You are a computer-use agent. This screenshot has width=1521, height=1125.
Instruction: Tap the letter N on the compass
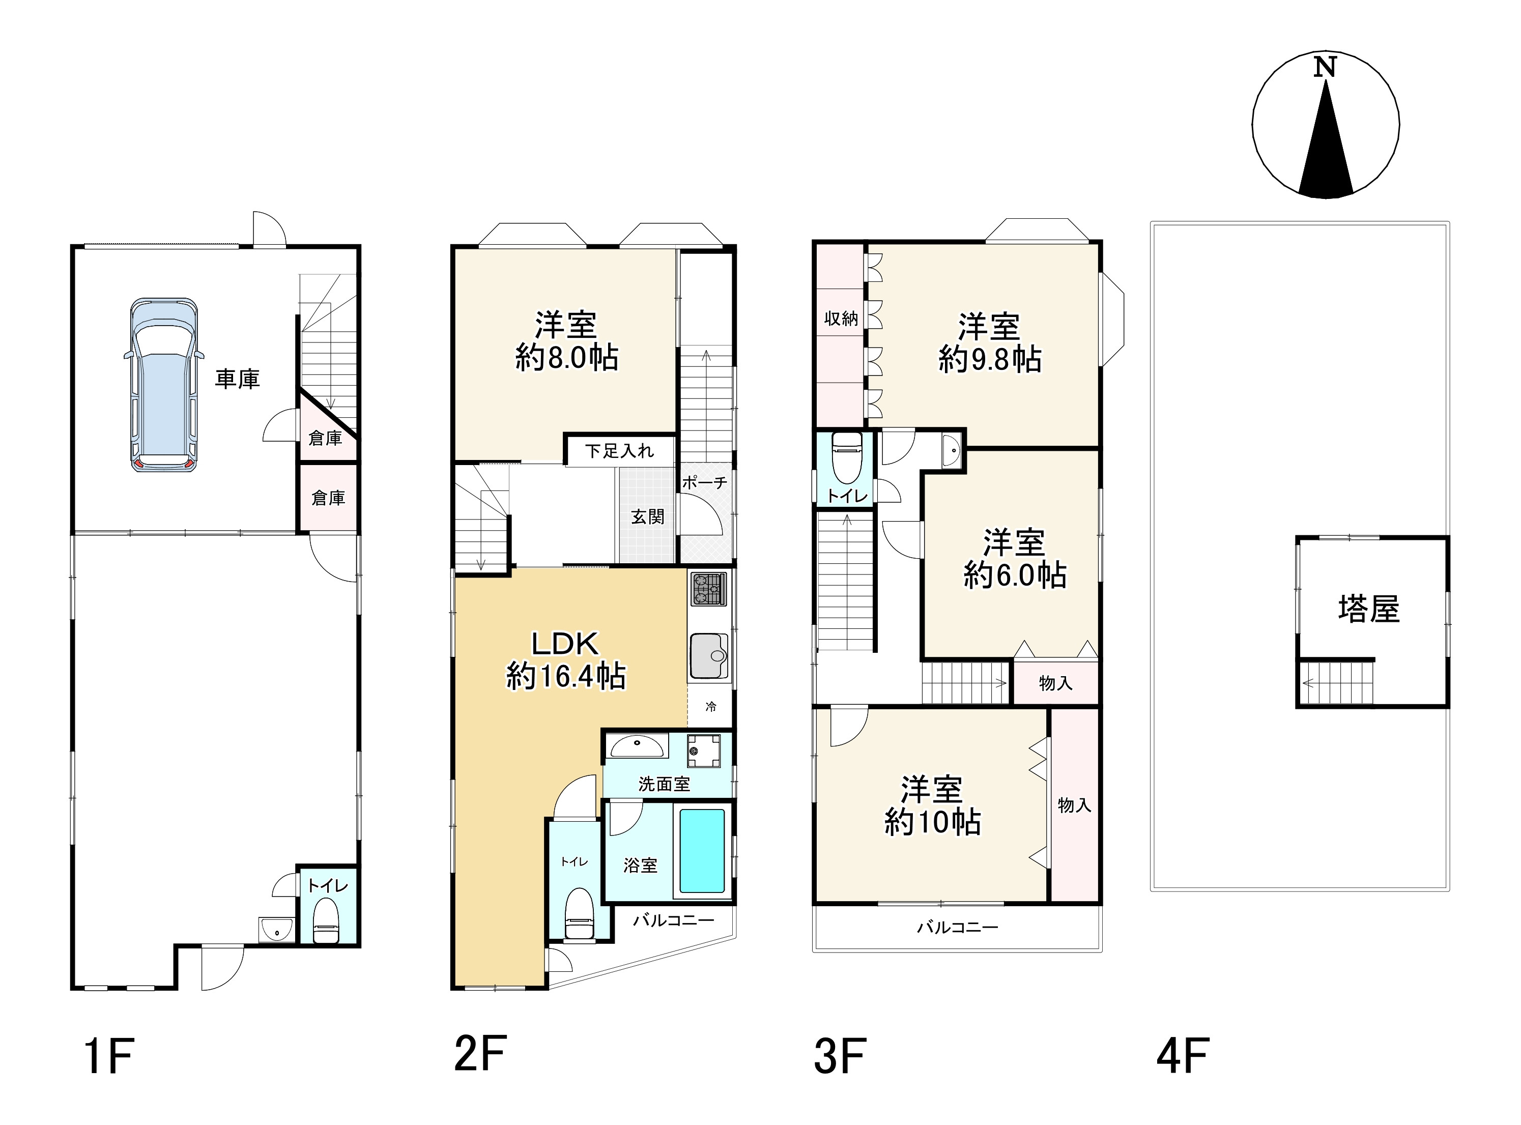click(x=1325, y=67)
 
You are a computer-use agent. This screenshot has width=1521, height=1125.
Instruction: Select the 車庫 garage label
click(x=238, y=379)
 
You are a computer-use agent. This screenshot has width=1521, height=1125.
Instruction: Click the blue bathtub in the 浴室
click(x=702, y=851)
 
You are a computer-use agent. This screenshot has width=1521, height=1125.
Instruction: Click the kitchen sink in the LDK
click(x=709, y=656)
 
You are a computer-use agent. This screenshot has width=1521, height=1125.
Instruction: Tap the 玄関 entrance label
click(x=647, y=517)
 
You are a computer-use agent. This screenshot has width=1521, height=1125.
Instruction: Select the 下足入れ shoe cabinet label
click(x=619, y=451)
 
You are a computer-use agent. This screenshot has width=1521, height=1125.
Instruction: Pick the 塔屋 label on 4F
click(x=1369, y=609)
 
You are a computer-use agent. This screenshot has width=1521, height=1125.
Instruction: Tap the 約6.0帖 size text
click(x=1014, y=575)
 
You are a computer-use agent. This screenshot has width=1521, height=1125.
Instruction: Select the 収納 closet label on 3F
click(x=841, y=319)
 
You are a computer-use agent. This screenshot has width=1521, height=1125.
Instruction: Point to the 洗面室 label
click(x=664, y=784)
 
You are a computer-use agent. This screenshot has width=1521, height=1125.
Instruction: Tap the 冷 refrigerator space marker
click(x=710, y=707)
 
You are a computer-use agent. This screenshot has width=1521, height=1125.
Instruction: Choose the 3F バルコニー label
click(x=957, y=927)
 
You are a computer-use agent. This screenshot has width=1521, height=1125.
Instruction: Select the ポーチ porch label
click(x=704, y=483)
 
